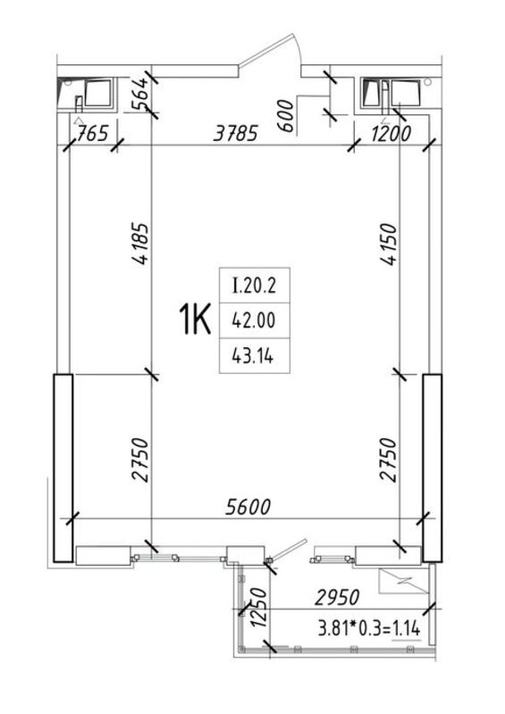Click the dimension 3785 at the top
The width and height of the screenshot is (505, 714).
tap(236, 133)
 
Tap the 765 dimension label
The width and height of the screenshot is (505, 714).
tap(93, 134)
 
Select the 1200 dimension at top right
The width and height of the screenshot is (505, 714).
tap(391, 134)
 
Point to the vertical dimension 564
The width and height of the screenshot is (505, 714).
tap(139, 94)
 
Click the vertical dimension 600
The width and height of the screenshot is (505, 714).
tap(286, 116)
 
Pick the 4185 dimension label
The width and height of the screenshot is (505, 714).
tap(139, 244)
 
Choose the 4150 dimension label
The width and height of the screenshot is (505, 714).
tap(388, 244)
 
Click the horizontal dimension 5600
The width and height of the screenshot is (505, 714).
tap(248, 507)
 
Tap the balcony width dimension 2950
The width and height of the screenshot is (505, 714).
tap(337, 597)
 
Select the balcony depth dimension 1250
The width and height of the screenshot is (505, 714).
tap(258, 608)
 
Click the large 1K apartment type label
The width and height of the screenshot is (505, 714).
tap(194, 320)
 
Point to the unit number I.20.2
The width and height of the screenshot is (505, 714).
tap(254, 286)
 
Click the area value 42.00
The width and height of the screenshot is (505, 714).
tap(254, 320)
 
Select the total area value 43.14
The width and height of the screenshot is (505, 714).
tap(253, 355)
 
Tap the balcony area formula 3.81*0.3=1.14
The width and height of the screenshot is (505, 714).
tap(369, 629)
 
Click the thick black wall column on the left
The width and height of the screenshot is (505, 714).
tap(63, 468)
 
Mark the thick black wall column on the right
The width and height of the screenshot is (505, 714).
tap(432, 468)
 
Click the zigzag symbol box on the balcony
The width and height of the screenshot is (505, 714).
tap(404, 582)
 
